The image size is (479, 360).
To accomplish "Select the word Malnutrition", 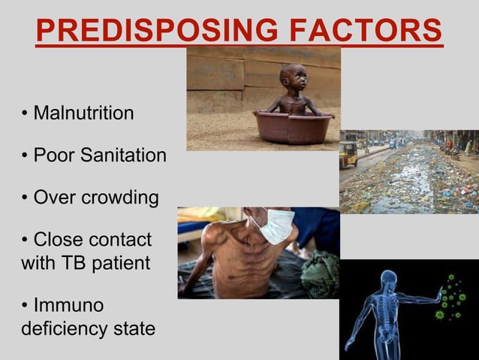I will click(x=84, y=113).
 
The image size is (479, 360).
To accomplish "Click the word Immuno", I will click(x=68, y=307).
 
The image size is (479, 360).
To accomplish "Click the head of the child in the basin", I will click(x=291, y=77).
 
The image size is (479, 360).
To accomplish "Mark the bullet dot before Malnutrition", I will click(x=25, y=114).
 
